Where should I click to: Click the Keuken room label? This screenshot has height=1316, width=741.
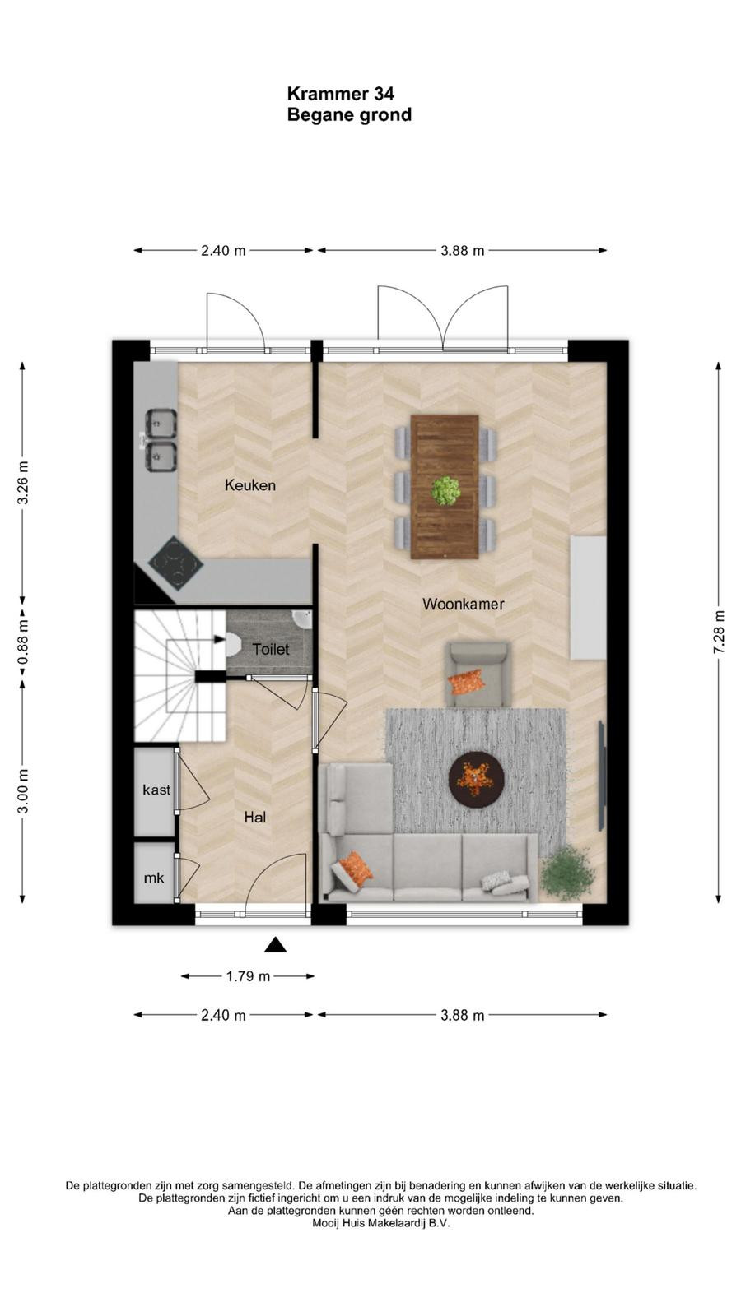coord(250,485)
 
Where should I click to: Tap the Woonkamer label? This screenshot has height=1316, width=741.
coord(464,604)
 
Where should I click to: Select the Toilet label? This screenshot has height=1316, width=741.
coord(271,649)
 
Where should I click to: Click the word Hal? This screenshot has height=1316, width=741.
coord(255,818)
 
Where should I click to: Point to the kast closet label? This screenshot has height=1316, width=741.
coord(156,790)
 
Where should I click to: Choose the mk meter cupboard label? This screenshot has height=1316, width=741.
coord(154,878)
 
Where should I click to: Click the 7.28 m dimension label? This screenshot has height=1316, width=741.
coord(720,635)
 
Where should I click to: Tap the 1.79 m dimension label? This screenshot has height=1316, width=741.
coord(248,976)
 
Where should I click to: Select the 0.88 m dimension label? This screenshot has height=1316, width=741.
coord(23,642)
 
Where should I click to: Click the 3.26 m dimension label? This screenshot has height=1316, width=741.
coord(23,484)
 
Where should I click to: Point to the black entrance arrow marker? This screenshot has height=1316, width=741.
coord(275,945)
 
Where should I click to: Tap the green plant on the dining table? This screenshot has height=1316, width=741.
coord(445,490)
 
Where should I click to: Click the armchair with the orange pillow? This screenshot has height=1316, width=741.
coord(478,674)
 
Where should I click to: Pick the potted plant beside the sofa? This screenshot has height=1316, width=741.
coord(568,873)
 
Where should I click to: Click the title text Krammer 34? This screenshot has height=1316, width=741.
coord(341,94)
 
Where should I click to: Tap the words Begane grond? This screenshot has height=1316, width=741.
coord(349,114)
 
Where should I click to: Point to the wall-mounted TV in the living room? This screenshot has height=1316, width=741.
coord(602,776)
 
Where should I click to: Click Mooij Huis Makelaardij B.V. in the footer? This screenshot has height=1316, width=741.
coord(380,1224)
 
